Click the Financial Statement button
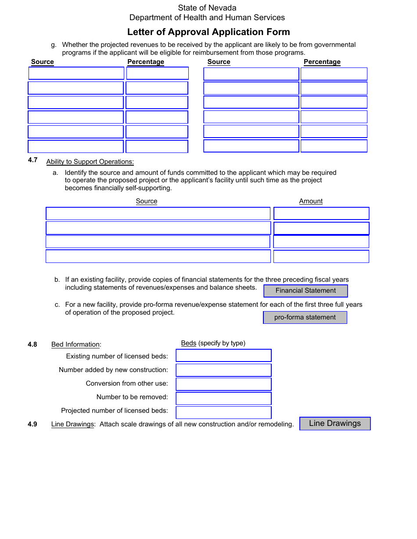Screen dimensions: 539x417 (306, 291)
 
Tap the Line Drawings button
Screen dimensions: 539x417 (335, 423)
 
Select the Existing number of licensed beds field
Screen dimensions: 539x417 (223, 355)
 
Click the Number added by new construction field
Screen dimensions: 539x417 (223, 370)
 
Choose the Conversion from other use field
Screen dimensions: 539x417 (223, 384)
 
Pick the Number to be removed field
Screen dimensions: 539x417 (223, 398)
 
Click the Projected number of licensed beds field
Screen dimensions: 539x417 (223, 412)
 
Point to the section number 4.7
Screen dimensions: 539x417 (33, 160)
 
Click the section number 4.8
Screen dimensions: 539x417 (32, 344)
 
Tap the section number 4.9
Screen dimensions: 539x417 (32, 424)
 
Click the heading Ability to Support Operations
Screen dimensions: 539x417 (90, 162)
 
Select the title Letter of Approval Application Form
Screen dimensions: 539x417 (208, 32)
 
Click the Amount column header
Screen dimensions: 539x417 (311, 201)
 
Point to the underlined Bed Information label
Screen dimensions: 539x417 (75, 344)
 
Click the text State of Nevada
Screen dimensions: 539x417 (207, 8)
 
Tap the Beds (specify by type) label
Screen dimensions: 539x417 (213, 343)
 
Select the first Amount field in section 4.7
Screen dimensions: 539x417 (321, 213)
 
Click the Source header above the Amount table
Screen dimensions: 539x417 (147, 201)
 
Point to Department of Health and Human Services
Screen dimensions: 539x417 (207, 18)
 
